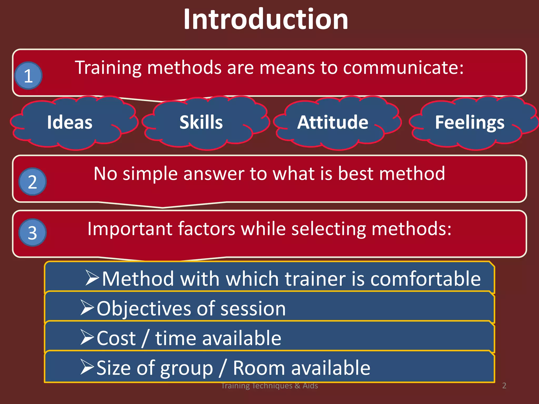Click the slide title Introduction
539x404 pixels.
[266, 20]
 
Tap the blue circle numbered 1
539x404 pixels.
[28, 76]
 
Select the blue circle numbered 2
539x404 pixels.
[33, 182]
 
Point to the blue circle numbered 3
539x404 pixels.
[33, 233]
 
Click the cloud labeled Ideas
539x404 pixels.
[70, 123]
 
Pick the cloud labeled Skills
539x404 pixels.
[201, 123]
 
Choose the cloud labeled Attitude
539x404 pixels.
[333, 123]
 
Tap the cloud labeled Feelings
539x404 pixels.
[470, 123]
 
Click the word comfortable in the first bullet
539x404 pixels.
[426, 279]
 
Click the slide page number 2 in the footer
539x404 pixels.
[504, 386]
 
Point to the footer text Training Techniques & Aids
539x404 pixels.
[269, 386]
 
